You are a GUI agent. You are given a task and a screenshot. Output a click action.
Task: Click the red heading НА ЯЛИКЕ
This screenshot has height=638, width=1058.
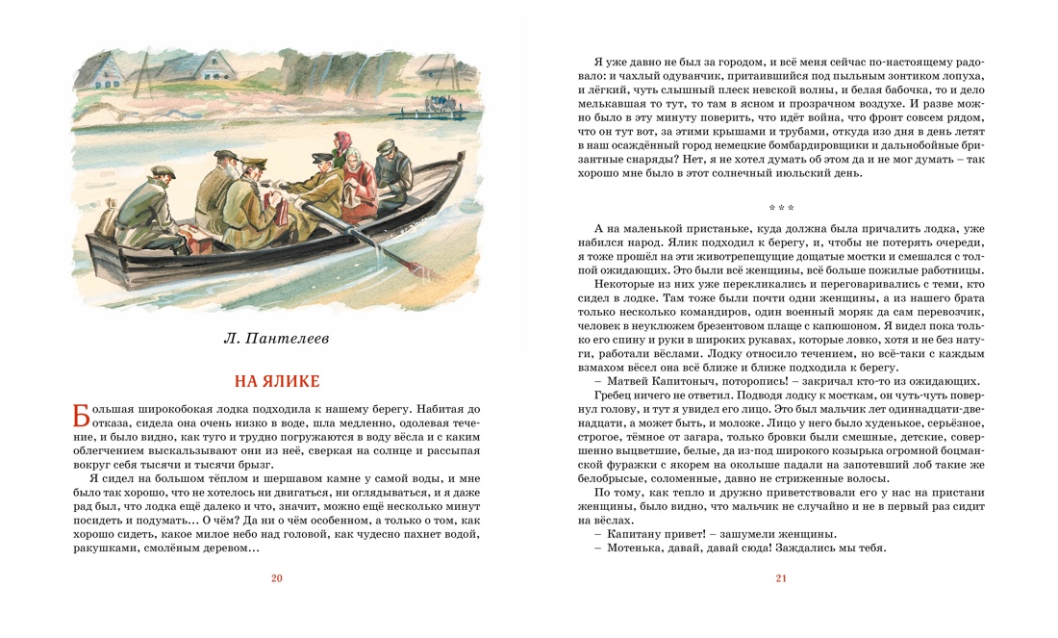pyautogui.click(x=277, y=381)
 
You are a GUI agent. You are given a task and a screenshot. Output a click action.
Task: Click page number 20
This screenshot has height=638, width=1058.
pyautogui.click(x=277, y=578)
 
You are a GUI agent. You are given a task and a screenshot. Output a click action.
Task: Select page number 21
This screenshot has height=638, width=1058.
pyautogui.click(x=780, y=578)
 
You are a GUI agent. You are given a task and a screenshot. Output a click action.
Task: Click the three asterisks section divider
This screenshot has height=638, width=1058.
pyautogui.click(x=780, y=208)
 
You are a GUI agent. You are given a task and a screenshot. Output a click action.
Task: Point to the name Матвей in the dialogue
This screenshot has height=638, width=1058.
pyautogui.click(x=627, y=380)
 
